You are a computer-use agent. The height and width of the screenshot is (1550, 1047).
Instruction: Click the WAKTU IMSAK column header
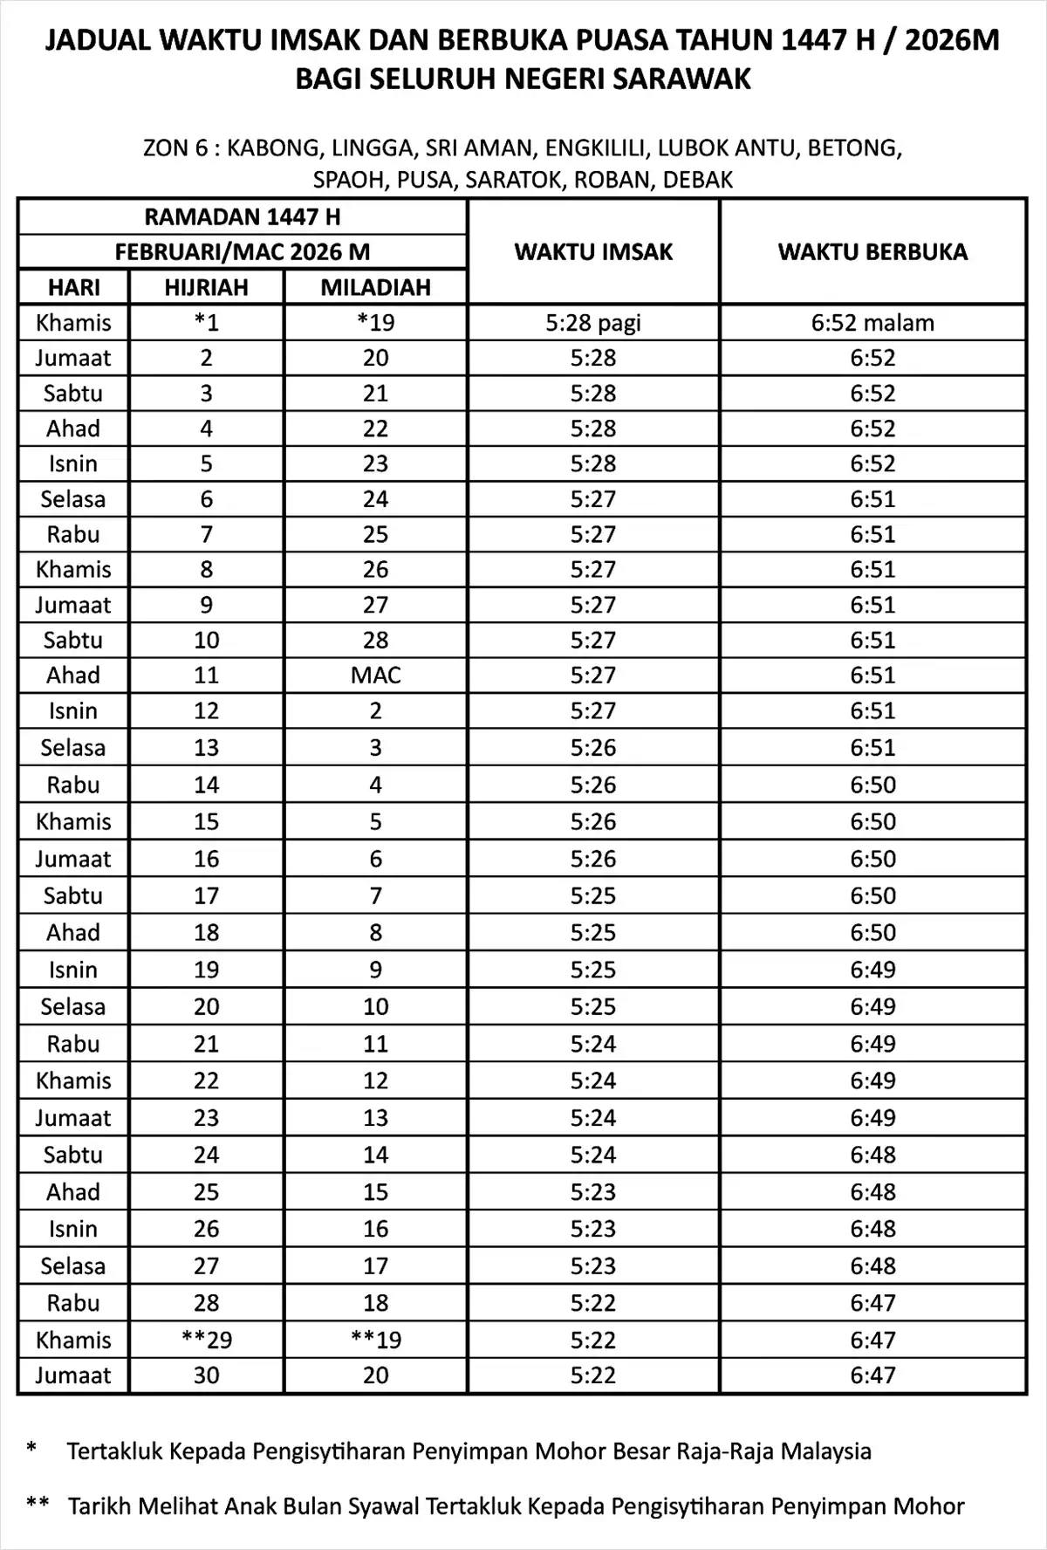[x=593, y=252]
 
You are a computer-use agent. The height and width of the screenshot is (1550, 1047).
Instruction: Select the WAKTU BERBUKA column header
[x=872, y=252]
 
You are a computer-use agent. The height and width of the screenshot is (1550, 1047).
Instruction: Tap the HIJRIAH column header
[x=206, y=287]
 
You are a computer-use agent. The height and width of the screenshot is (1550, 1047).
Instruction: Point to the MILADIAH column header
[x=375, y=287]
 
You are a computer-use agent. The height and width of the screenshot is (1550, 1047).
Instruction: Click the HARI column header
[x=73, y=287]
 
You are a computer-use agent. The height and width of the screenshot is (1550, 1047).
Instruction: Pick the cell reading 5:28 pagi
[x=593, y=323]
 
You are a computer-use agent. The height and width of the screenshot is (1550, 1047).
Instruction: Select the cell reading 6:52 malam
[x=872, y=323]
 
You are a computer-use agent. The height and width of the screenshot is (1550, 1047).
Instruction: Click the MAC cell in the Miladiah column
[x=375, y=676]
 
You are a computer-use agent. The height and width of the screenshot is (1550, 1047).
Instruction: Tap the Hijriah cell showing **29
[x=206, y=1340]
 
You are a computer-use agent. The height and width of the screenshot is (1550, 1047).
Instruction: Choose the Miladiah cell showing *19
[x=375, y=323]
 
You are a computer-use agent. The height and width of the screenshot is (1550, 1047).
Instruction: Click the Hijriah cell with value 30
[x=206, y=1375]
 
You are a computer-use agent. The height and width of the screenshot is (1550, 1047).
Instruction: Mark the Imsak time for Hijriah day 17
[x=593, y=895]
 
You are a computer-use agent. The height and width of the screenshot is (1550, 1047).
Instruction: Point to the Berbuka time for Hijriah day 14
[x=872, y=785]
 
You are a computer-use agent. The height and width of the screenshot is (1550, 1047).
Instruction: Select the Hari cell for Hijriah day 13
[x=73, y=748]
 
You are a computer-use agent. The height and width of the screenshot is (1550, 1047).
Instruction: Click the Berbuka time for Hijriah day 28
[x=872, y=1303]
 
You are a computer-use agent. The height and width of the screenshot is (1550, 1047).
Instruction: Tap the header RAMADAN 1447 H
[x=243, y=216]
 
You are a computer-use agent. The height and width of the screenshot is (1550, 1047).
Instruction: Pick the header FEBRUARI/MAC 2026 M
[x=243, y=252]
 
